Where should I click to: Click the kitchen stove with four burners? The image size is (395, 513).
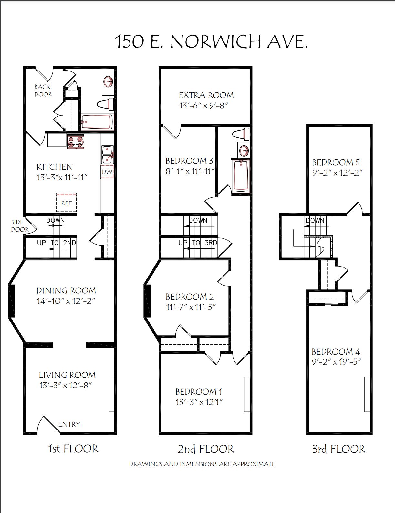(76, 141)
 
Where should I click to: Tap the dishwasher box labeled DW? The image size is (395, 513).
(107, 171)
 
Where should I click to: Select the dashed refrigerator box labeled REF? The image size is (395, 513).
(66, 202)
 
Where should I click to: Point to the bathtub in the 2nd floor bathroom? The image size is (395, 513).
(240, 176)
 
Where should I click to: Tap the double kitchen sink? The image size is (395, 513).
(108, 155)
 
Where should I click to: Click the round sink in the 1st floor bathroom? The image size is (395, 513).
(108, 82)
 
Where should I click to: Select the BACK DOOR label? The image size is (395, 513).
(43, 91)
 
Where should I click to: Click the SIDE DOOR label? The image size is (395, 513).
(20, 226)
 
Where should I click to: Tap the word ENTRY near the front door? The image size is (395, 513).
(69, 424)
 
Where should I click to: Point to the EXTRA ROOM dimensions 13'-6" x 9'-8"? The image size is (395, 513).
(203, 105)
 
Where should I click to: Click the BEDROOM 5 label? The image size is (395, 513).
(336, 162)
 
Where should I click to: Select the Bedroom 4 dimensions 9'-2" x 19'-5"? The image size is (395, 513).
(336, 361)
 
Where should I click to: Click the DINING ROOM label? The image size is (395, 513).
(66, 290)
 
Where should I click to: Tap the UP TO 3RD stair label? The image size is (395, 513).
(198, 243)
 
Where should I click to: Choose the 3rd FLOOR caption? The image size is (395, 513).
(339, 449)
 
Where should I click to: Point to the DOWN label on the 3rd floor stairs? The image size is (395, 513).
(315, 220)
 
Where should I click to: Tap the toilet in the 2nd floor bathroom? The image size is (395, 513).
(241, 134)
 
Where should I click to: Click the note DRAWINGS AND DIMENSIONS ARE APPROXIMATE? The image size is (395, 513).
(202, 464)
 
